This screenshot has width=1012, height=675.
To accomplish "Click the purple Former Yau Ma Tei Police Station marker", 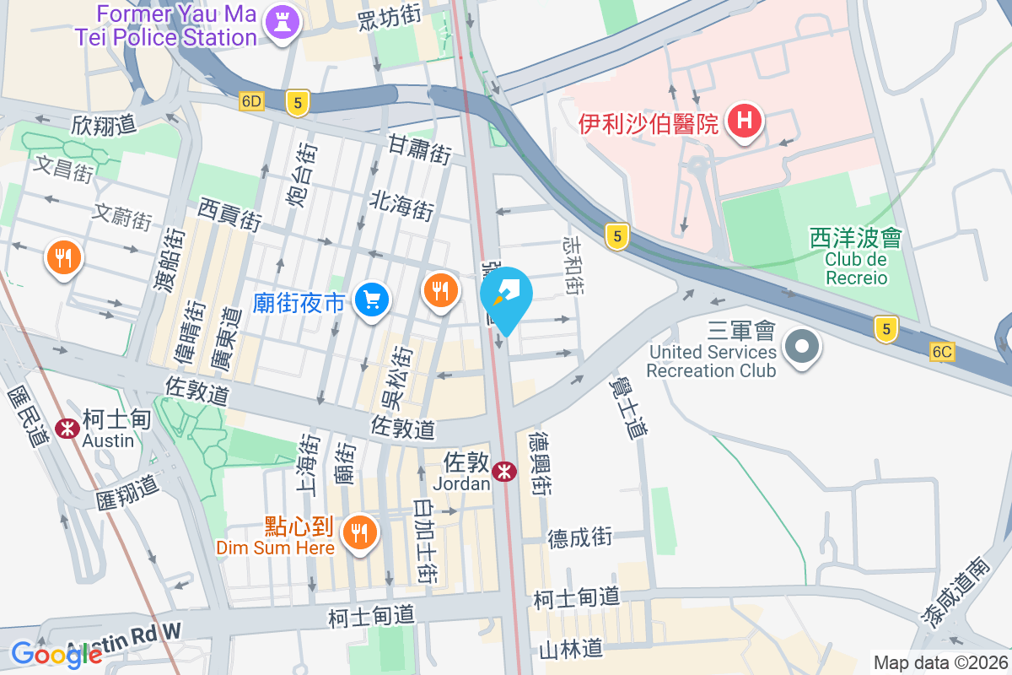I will [283, 23].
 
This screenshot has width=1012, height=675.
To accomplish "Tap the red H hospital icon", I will [745, 121].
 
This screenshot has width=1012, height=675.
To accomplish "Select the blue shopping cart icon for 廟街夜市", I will [371, 299].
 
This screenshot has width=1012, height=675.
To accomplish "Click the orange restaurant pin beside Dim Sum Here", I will [360, 532].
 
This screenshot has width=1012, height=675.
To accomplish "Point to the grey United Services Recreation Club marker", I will [802, 347].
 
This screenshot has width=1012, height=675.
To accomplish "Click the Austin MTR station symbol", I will [67, 429].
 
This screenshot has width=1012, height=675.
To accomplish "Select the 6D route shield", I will [251, 101].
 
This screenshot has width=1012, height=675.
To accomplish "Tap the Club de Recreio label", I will [856, 268].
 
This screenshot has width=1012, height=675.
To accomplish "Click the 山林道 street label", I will [571, 648].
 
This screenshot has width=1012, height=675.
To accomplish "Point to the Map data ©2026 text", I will [939, 663].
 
